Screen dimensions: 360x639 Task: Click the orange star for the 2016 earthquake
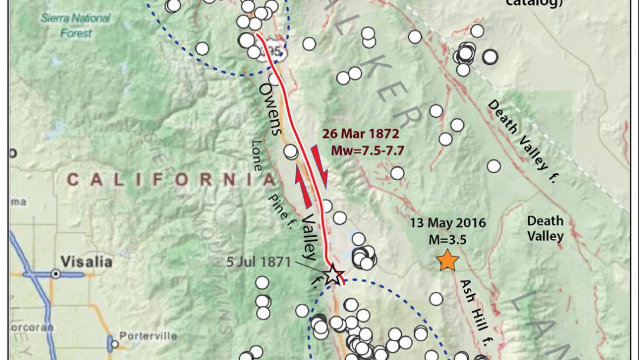[447, 260]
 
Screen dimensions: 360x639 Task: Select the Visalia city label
[87, 261]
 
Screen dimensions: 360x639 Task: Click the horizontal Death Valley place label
[545, 228]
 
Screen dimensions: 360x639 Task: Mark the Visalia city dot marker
[56, 273]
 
